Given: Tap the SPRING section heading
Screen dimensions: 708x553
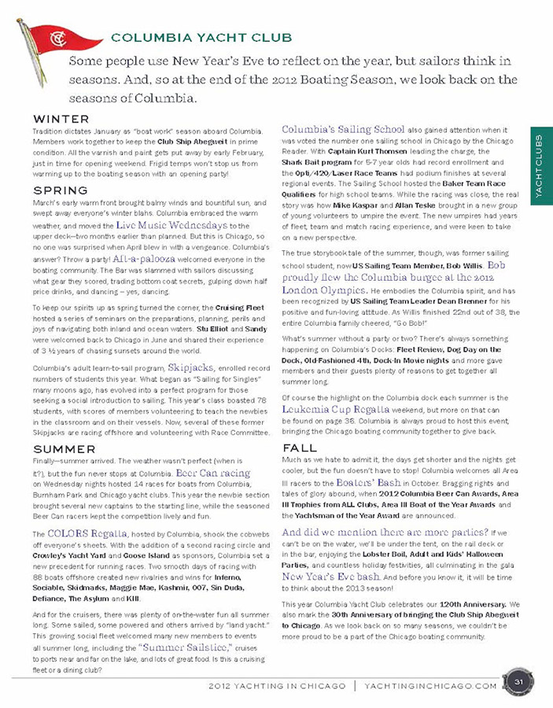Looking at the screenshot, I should [60, 190].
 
